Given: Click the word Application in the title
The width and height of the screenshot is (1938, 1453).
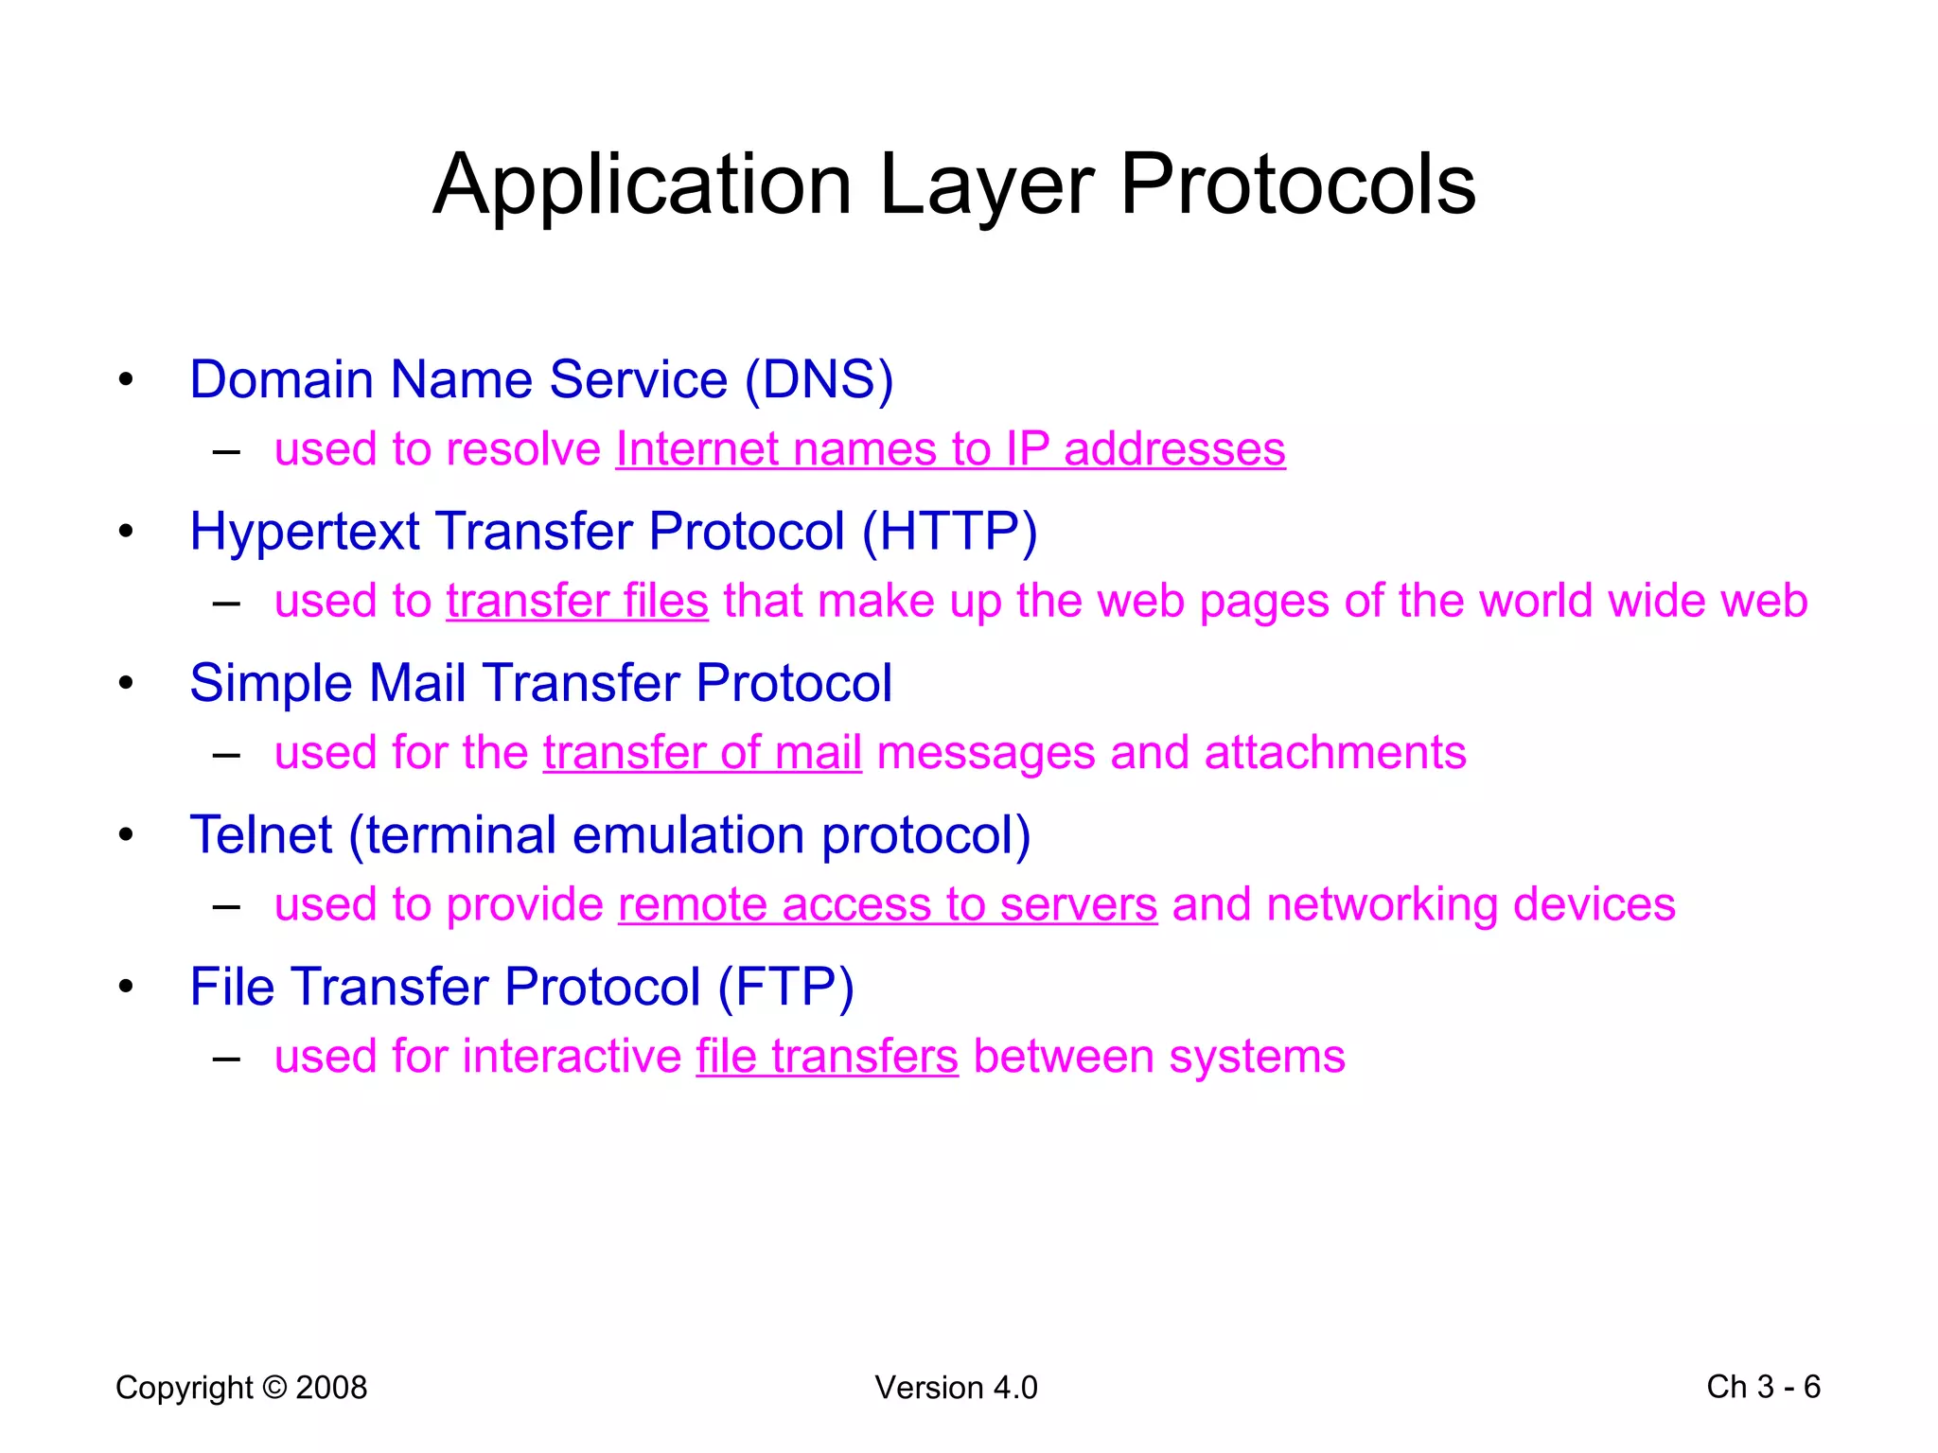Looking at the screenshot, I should (642, 185).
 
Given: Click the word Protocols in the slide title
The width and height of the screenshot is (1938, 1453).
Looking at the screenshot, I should (1297, 185).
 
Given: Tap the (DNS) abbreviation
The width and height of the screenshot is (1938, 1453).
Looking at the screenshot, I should (819, 380).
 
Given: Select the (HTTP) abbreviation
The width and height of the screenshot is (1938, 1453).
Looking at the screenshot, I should (949, 532).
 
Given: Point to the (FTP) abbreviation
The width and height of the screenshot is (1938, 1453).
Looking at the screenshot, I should (785, 988).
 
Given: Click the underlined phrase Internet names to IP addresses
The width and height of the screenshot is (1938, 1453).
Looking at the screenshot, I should (950, 449).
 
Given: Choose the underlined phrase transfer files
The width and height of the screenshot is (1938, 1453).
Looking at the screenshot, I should (577, 602).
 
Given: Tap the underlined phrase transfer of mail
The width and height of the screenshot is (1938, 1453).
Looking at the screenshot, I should (702, 754).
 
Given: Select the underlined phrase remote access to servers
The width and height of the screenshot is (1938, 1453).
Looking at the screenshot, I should (888, 905).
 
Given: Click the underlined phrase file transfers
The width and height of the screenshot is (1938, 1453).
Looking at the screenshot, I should (827, 1058).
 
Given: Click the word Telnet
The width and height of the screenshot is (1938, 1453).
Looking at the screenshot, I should (261, 836).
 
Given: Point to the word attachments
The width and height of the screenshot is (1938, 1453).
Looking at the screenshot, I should (1335, 754).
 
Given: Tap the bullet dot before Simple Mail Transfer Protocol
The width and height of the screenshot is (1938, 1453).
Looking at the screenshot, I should (126, 683).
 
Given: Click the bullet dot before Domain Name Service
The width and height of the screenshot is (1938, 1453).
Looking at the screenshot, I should (126, 380).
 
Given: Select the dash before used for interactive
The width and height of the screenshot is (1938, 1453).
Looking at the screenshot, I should (226, 1059).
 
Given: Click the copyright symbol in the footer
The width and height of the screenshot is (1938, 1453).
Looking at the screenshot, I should (274, 1388).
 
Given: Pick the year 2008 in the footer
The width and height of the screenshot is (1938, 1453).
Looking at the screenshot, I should (331, 1388).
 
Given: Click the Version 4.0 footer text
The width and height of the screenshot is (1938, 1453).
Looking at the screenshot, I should (956, 1388).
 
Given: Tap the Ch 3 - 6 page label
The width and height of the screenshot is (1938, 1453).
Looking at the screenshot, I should (1763, 1387).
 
